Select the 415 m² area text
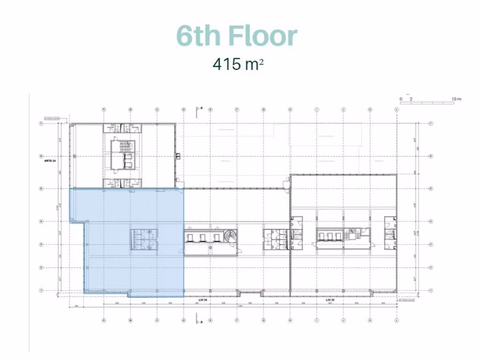[238, 64]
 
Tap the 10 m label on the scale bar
[456, 99]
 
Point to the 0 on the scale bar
[401, 99]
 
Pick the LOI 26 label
[202, 299]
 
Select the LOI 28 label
[330, 299]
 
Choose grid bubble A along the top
[104, 110]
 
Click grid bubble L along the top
[397, 110]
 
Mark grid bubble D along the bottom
[183, 321]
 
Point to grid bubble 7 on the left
[41, 123]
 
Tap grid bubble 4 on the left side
[41, 221]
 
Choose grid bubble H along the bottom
[290, 321]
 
